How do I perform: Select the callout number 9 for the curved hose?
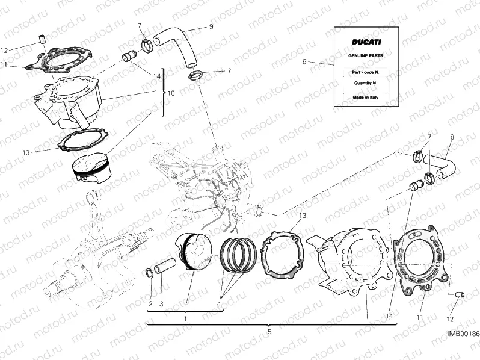coord(211,26)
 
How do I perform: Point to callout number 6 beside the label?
coord(304,61)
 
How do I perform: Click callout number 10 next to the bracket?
coord(171,93)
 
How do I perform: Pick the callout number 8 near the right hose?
coord(452,137)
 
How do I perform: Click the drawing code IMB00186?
coord(463,350)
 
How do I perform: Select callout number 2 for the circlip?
coord(150,303)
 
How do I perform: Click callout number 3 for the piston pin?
coord(161,303)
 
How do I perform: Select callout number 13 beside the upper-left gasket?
coord(25,152)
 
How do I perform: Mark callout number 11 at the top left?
coord(4,64)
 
